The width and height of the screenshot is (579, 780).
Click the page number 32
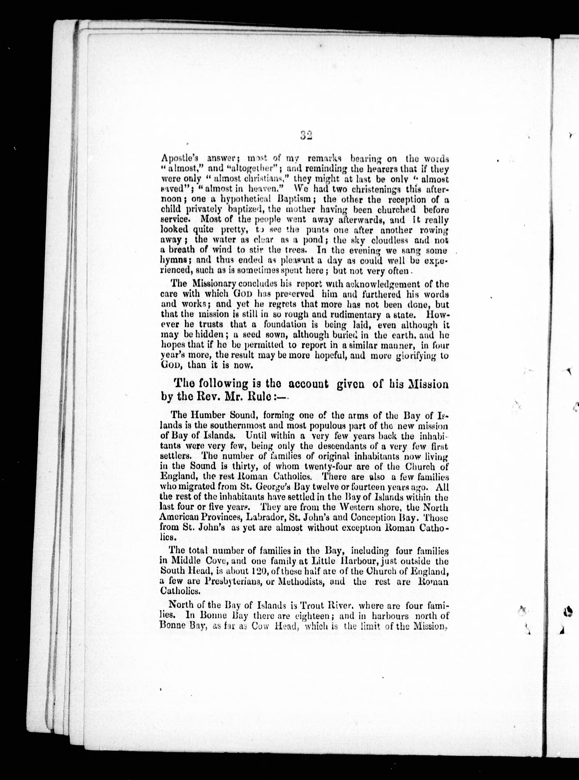point(306,136)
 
